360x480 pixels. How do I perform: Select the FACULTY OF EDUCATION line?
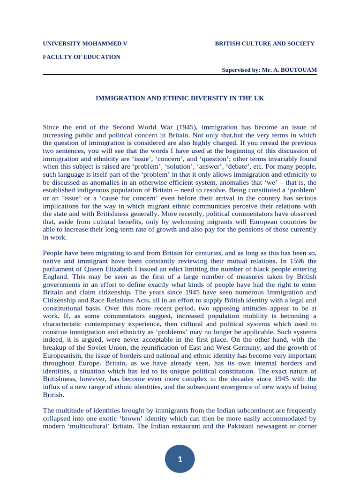coord(82,57)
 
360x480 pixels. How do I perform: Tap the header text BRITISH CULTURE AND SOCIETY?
coord(264,44)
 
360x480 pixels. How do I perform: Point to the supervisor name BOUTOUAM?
coord(300,70)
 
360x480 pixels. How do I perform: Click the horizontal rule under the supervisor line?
coord(180,75)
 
